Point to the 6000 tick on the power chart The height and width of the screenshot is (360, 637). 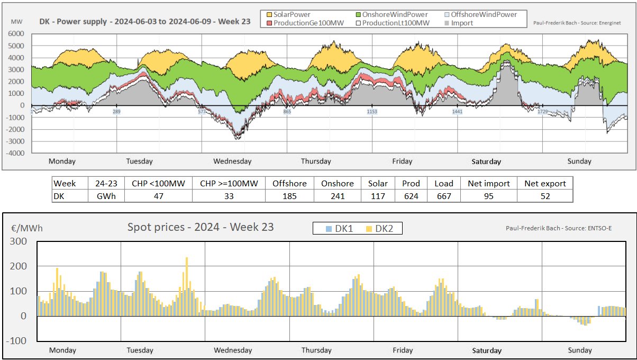[x=17, y=34]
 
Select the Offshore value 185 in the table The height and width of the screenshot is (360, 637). [x=289, y=196]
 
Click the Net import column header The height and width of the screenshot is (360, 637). [x=488, y=184]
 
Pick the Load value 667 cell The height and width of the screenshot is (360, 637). [x=443, y=196]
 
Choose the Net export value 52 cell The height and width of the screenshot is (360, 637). [x=545, y=196]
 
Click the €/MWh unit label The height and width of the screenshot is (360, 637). [x=27, y=228]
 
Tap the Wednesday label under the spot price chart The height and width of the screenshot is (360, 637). [x=233, y=350]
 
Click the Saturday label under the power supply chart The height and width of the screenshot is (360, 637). [x=486, y=161]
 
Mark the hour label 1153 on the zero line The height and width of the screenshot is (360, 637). [x=372, y=112]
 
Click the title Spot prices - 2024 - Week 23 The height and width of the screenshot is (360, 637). [x=201, y=227]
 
